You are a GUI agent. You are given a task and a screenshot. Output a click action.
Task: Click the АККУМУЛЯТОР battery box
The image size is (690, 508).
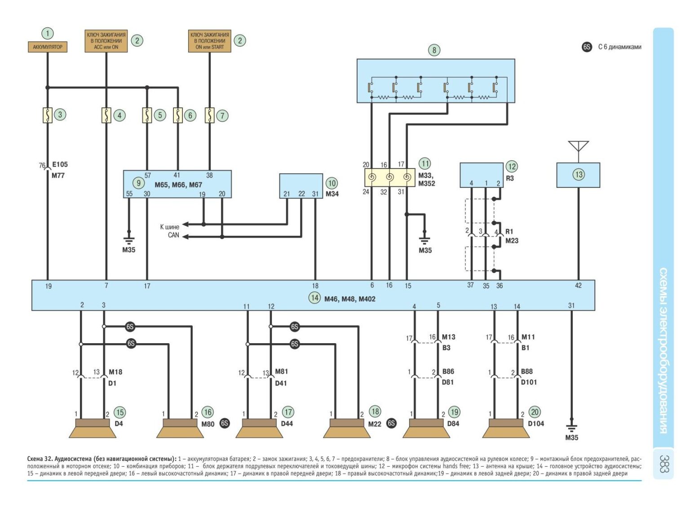click(x=48, y=47)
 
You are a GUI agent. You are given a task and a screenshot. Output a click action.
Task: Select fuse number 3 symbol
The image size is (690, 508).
click(x=47, y=115)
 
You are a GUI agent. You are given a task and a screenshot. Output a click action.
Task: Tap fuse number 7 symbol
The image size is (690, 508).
click(x=209, y=115)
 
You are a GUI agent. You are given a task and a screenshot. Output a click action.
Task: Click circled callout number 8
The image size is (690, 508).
click(x=434, y=50)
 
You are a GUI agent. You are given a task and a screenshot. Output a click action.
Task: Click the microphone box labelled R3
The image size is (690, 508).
click(x=481, y=175)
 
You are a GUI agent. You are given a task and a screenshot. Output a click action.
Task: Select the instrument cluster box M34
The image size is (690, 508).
click(x=301, y=186)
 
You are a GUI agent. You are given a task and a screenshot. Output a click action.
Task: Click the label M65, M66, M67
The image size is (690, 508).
click(x=178, y=185)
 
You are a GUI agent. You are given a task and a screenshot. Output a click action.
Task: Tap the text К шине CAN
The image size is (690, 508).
click(x=170, y=231)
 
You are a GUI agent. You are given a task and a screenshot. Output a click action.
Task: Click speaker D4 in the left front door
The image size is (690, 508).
click(x=93, y=428)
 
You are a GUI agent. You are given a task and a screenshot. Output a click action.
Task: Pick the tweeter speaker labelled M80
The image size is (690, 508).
click(x=180, y=428)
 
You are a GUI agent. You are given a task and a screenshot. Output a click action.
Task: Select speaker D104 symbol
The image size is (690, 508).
click(x=506, y=428)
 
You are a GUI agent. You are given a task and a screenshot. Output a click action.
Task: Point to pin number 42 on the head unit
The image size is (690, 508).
click(x=578, y=286)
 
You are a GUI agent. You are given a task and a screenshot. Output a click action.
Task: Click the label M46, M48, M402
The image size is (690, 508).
click(x=350, y=299)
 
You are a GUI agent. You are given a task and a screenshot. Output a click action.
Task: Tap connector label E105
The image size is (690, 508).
click(x=60, y=165)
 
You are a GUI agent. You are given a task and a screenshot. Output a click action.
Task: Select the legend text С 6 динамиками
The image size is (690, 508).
click(x=619, y=47)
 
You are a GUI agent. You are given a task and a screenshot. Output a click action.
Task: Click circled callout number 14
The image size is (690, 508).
click(x=314, y=298)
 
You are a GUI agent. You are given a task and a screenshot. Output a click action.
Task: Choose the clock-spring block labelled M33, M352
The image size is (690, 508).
click(x=389, y=177)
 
